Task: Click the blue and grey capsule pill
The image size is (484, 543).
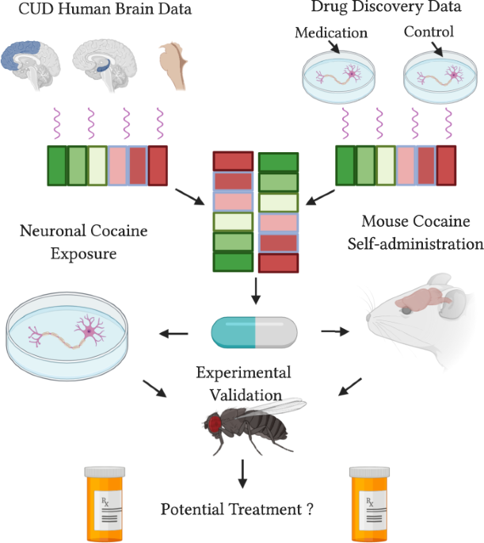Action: (254, 331)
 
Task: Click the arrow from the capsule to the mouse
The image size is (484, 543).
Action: (334, 331)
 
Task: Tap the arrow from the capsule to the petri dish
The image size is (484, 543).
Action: (177, 331)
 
